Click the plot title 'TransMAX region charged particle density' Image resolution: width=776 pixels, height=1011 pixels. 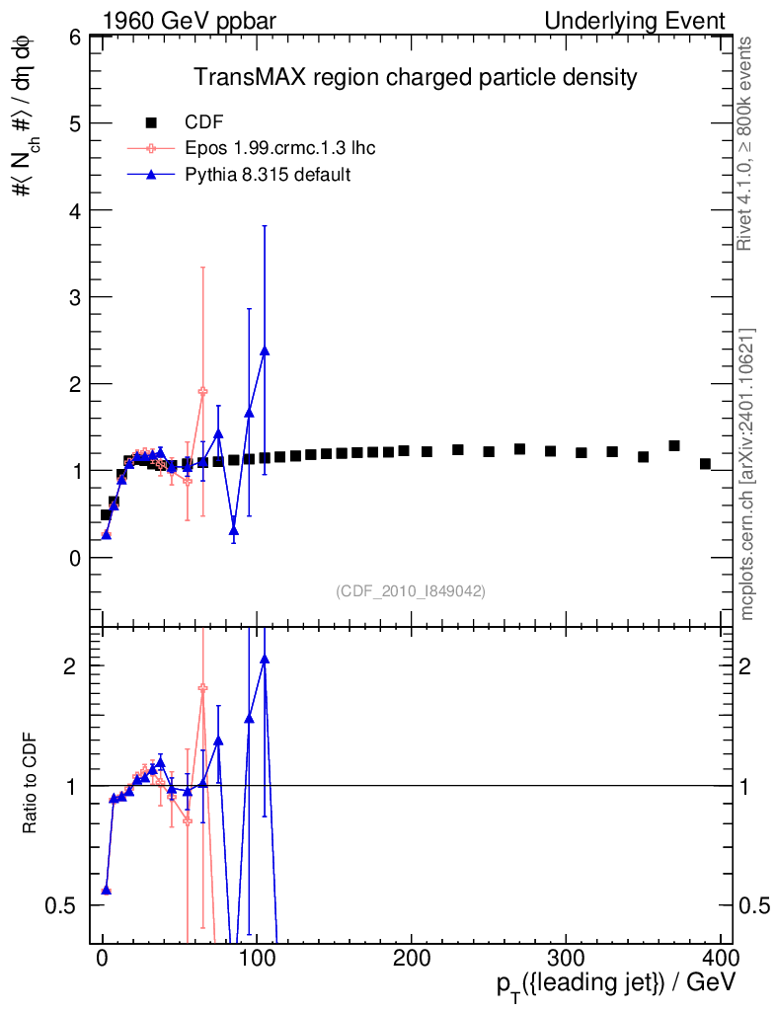[x=416, y=77]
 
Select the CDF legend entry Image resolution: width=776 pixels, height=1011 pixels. [x=185, y=121]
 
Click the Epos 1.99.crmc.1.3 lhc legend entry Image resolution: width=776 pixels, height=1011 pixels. [x=252, y=148]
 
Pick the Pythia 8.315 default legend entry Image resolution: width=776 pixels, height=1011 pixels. [x=239, y=175]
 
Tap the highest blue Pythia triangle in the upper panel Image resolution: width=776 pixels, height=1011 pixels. [x=265, y=350]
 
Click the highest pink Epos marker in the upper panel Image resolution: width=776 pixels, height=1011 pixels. [x=203, y=391]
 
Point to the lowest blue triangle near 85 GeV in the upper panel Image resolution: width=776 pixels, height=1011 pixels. [x=234, y=531]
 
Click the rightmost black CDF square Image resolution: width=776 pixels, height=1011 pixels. [x=705, y=464]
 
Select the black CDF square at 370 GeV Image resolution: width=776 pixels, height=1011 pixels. [x=674, y=445]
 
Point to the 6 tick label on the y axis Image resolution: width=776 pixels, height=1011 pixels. [x=75, y=38]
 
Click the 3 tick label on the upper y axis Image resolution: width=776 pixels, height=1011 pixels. [x=75, y=297]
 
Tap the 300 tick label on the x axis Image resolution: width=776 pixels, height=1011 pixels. [x=566, y=958]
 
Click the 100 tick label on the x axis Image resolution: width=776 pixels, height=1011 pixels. [x=257, y=958]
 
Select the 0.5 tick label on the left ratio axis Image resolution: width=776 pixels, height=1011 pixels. [x=60, y=906]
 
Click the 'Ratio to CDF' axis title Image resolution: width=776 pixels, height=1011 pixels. [x=30, y=783]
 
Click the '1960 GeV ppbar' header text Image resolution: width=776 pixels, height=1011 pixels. [x=189, y=21]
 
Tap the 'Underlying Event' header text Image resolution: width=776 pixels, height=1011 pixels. [x=635, y=21]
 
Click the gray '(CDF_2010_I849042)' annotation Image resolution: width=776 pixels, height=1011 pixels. [x=411, y=590]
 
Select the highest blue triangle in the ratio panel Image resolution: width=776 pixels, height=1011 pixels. [x=265, y=659]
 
